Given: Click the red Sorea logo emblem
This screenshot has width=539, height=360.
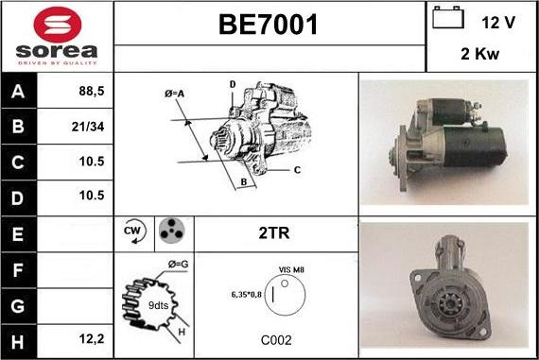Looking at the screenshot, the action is pyautogui.click(x=58, y=25).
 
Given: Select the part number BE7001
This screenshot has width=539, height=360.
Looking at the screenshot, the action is pyautogui.click(x=269, y=25).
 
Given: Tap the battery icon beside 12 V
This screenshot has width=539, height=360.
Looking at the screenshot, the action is pyautogui.click(x=448, y=17).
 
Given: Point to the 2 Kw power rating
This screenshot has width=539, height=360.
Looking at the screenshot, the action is pyautogui.click(x=479, y=54).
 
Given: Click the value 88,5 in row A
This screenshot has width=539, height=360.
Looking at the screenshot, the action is pyautogui.click(x=92, y=91).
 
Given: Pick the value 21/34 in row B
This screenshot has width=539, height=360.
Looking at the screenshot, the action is pyautogui.click(x=88, y=127).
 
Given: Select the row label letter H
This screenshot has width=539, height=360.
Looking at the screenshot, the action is pyautogui.click(x=18, y=342).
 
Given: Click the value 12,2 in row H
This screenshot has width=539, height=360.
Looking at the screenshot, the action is pyautogui.click(x=92, y=339).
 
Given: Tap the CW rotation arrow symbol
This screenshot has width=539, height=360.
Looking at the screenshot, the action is pyautogui.click(x=134, y=231).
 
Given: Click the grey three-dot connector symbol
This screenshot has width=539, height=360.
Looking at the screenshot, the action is pyautogui.click(x=171, y=231).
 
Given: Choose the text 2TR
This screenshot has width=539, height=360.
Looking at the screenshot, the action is pyautogui.click(x=274, y=232).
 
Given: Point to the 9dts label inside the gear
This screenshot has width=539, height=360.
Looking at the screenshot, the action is pyautogui.click(x=158, y=305).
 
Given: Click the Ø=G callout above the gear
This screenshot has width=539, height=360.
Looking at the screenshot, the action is pyautogui.click(x=178, y=265).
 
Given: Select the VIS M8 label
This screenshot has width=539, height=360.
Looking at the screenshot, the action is pyautogui.click(x=291, y=269).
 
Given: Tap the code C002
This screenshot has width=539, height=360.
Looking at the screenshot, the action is pyautogui.click(x=276, y=340).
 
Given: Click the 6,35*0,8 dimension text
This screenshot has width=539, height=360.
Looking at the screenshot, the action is pyautogui.click(x=247, y=295).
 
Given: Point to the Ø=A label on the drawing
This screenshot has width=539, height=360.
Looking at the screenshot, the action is pyautogui.click(x=174, y=94).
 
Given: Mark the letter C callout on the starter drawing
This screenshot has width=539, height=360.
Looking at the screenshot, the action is pyautogui.click(x=297, y=170).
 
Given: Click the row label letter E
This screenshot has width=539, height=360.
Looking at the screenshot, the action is pyautogui.click(x=18, y=234).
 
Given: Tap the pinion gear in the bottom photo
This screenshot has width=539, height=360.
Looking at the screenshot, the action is pyautogui.click(x=448, y=303).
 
